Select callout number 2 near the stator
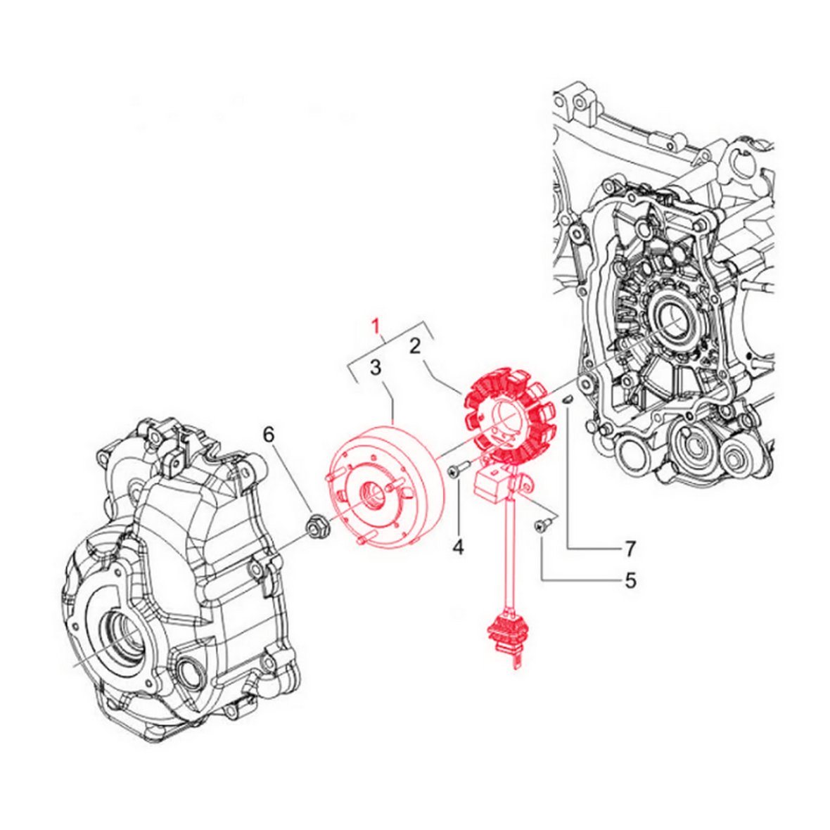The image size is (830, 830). tap(415, 346)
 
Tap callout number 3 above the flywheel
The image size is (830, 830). tap(376, 367)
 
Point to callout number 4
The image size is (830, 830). tap(458, 547)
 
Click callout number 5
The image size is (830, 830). tap(630, 581)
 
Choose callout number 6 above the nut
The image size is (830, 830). tap(269, 435)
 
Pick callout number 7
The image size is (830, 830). tap(630, 549)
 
